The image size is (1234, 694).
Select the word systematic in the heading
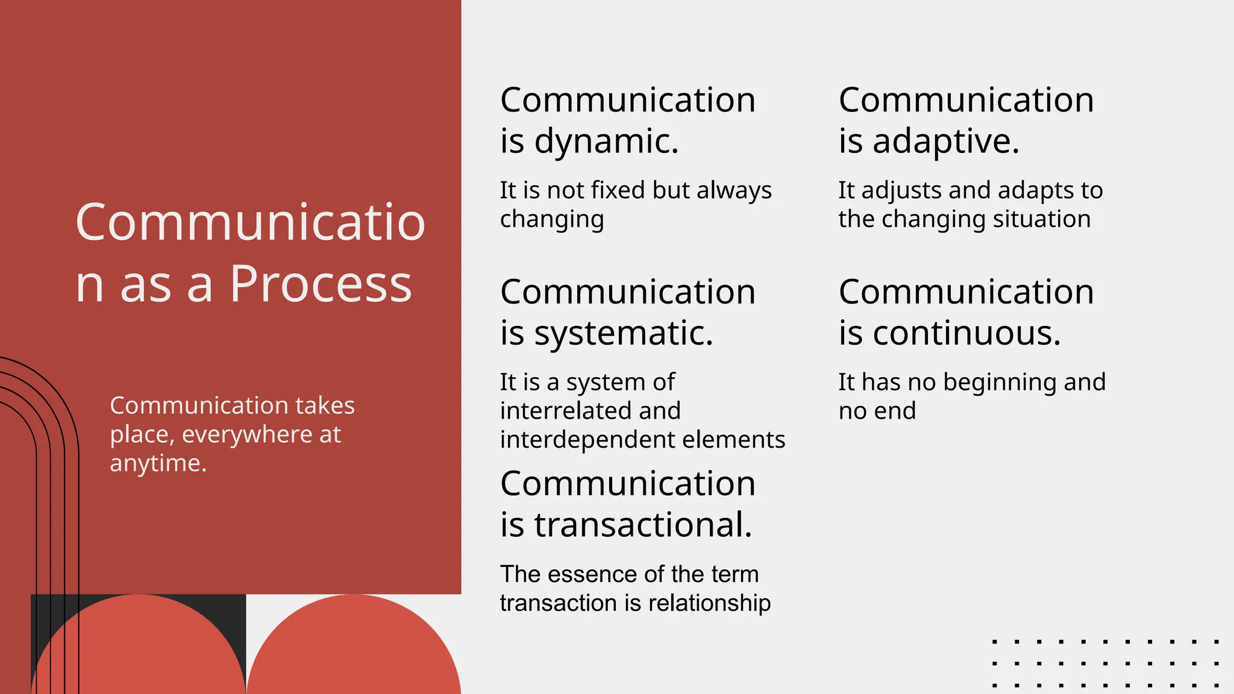point(624,334)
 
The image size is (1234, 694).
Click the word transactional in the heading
point(643,525)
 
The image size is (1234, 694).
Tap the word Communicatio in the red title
point(250,222)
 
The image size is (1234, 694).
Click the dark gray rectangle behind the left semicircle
point(229,608)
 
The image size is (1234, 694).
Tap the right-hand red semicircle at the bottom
point(354,651)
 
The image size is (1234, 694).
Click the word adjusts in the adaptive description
point(901,190)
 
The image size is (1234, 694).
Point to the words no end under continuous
point(877,411)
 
